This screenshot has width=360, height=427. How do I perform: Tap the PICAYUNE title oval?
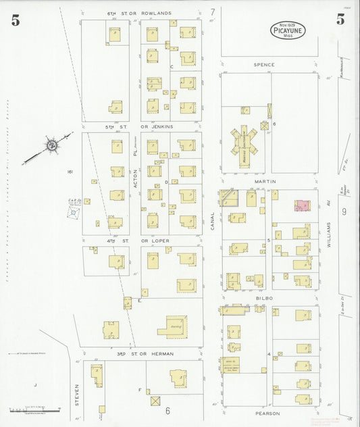pos(288,29)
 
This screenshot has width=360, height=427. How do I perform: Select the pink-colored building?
pos(301,205)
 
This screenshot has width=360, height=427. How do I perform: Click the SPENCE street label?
pos(264,65)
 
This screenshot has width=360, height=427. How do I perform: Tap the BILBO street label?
pos(263,297)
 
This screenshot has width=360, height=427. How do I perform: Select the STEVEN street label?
pos(77,392)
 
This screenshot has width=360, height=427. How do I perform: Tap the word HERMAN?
pos(162,353)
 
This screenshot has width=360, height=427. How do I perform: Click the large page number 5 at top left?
pos(15,20)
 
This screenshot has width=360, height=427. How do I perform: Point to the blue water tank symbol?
pos(73,212)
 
